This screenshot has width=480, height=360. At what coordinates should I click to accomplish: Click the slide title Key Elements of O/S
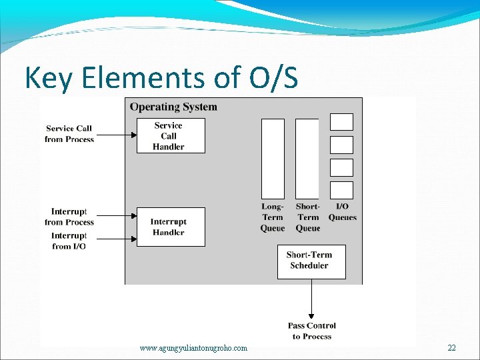coord(161,78)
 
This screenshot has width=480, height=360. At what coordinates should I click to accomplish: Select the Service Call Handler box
coord(171,135)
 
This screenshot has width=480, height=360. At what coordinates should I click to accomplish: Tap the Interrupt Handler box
coord(171,227)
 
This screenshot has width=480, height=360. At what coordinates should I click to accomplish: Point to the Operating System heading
coord(173,107)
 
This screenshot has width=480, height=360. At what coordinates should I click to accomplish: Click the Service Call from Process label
coord(69,133)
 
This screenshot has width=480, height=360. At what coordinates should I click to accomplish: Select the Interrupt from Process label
coord(69,217)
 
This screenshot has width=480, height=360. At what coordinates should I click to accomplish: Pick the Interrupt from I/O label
coord(69,241)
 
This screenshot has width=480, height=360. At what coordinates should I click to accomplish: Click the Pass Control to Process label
coord(312,331)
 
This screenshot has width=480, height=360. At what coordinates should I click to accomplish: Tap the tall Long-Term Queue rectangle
coord(273,158)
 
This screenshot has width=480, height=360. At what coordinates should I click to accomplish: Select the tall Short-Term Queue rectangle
coord(307,158)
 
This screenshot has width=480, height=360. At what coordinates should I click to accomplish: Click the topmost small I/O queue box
coord(342,122)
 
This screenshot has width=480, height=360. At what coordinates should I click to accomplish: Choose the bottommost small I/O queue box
coord(342,190)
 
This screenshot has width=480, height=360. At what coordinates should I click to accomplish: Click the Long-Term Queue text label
coord(273,217)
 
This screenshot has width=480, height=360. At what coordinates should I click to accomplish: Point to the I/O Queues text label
coord(342,212)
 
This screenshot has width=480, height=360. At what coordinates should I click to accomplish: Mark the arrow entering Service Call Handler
coord(116,135)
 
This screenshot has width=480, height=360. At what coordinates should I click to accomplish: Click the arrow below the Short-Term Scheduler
coord(311,299)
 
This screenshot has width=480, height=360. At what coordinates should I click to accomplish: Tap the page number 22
coord(452,348)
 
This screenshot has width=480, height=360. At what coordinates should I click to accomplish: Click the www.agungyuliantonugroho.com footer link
coord(193,348)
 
